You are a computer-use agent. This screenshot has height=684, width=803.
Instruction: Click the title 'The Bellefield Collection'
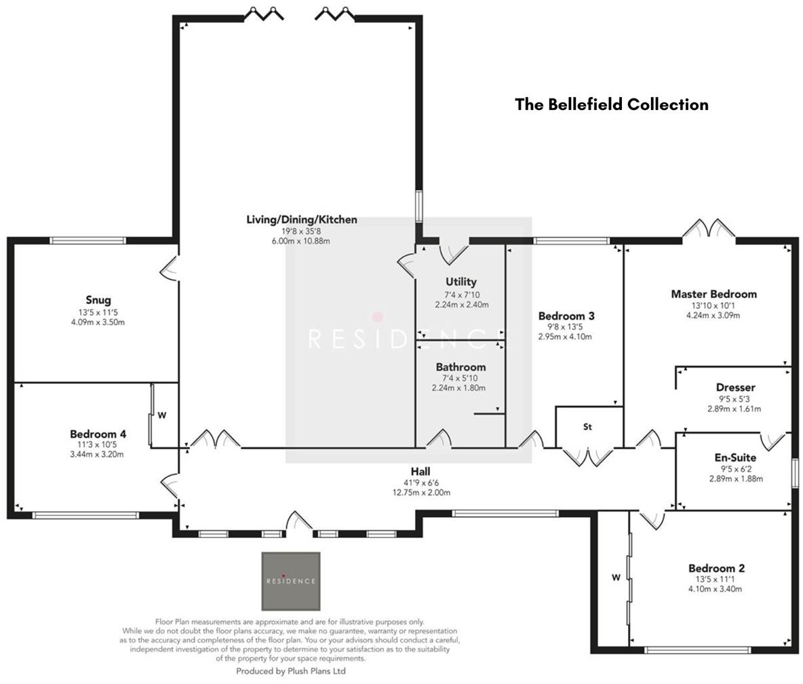point(611,104)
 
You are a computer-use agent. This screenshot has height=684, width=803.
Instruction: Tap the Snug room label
point(98,300)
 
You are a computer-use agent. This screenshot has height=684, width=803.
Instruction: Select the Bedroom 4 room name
point(98,434)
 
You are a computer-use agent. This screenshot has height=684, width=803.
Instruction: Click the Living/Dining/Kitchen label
point(301,220)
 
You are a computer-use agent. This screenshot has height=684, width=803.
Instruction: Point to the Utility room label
point(461,282)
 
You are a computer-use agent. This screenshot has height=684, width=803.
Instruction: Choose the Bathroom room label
point(461,367)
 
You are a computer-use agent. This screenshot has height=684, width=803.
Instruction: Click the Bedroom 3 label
point(566,316)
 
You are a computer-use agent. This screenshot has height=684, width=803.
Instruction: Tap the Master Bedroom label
point(713,294)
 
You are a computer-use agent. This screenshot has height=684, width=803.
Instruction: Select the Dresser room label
point(735,387)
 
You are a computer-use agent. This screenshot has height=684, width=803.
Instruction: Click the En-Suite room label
point(735,457)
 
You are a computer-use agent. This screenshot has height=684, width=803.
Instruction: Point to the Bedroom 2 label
point(716,568)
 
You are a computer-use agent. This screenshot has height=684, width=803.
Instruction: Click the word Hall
point(420,472)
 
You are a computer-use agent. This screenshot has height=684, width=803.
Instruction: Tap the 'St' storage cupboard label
point(587,427)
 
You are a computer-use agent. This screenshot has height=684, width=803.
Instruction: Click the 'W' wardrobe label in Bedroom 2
point(616,577)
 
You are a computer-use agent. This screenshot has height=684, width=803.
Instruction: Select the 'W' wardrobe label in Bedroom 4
point(161,415)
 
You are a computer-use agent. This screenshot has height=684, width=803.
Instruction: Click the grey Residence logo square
point(291,581)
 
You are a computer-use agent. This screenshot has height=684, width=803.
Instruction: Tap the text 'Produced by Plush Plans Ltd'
point(291,671)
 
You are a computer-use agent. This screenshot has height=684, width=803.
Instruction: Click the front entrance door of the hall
point(298,522)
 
